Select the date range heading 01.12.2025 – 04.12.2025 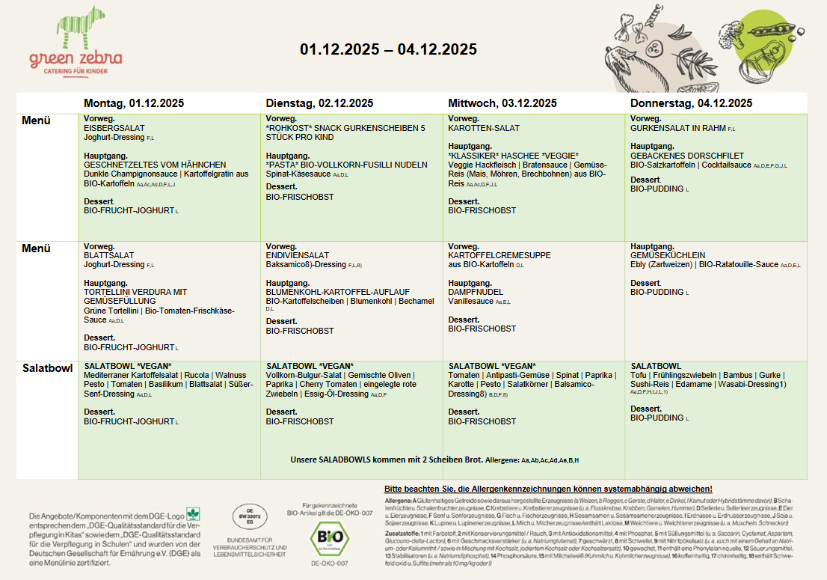[x=388, y=49]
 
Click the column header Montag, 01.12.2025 [x=133, y=103]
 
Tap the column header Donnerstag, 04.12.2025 [x=691, y=103]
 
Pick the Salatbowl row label [x=48, y=368]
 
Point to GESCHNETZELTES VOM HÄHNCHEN [x=155, y=165]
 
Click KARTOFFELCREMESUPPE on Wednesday [x=499, y=255]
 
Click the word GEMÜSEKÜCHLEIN [x=668, y=255]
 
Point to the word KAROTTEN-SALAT [x=483, y=129]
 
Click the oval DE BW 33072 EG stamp [x=249, y=516]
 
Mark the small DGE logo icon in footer [x=193, y=513]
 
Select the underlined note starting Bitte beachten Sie [x=547, y=488]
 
